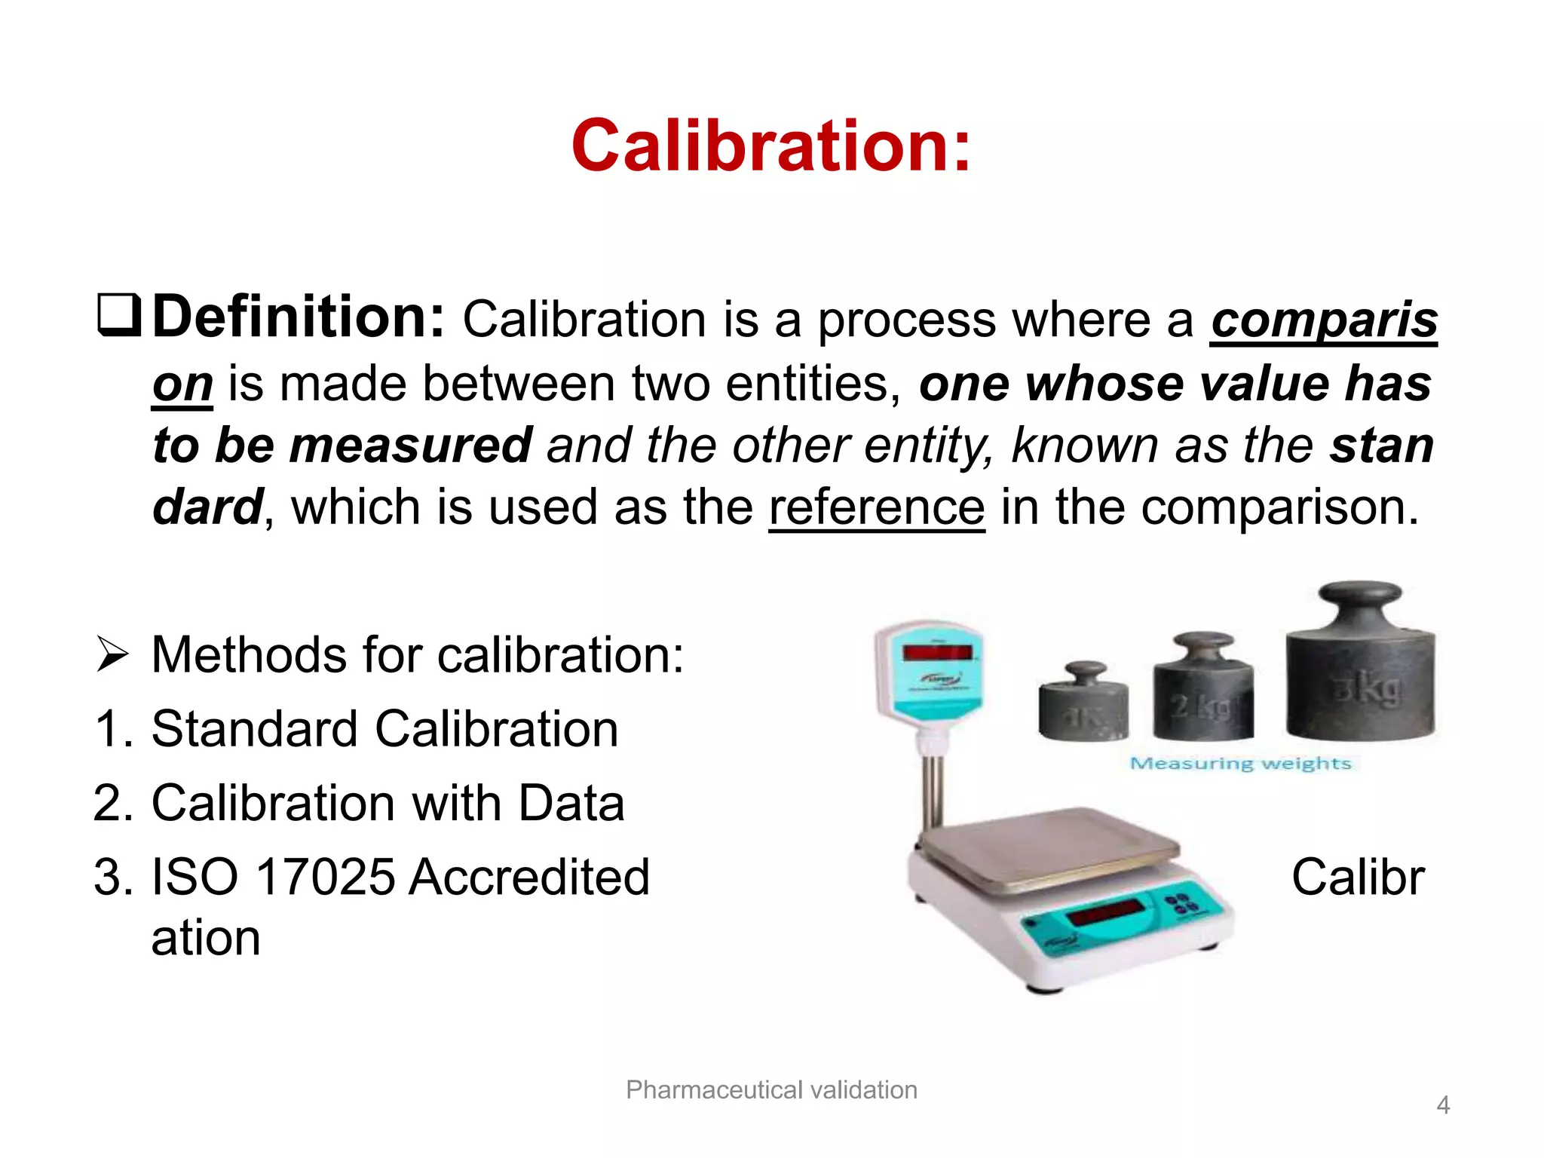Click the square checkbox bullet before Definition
pyautogui.click(x=119, y=316)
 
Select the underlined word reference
pyautogui.click(x=876, y=507)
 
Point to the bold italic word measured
pyautogui.click(x=411, y=445)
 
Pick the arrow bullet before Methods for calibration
pyautogui.click(x=112, y=654)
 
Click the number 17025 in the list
pyautogui.click(x=325, y=877)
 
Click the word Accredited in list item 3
pyautogui.click(x=529, y=877)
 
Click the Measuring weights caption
pyautogui.click(x=1240, y=764)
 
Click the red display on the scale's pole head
pyautogui.click(x=936, y=652)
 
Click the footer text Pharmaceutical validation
pyautogui.click(x=771, y=1090)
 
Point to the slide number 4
pyautogui.click(x=1442, y=1105)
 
